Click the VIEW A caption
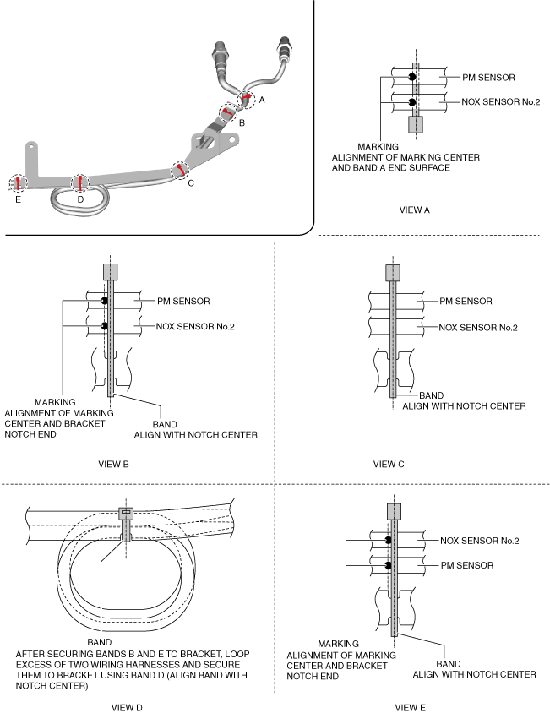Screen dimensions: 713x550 (x=415, y=210)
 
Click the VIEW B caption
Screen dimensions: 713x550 (x=113, y=463)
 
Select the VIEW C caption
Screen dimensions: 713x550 (x=389, y=463)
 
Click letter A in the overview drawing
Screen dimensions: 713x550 (x=261, y=100)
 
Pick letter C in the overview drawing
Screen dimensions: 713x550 (x=191, y=182)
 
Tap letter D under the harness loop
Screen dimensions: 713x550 (x=80, y=200)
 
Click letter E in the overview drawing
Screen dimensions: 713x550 (x=17, y=200)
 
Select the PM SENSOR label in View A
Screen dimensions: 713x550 (x=489, y=78)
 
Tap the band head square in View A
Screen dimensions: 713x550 (x=415, y=125)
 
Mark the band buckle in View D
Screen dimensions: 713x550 (x=127, y=513)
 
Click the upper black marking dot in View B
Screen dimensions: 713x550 (x=105, y=301)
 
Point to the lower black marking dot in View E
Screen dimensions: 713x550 (x=388, y=564)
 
